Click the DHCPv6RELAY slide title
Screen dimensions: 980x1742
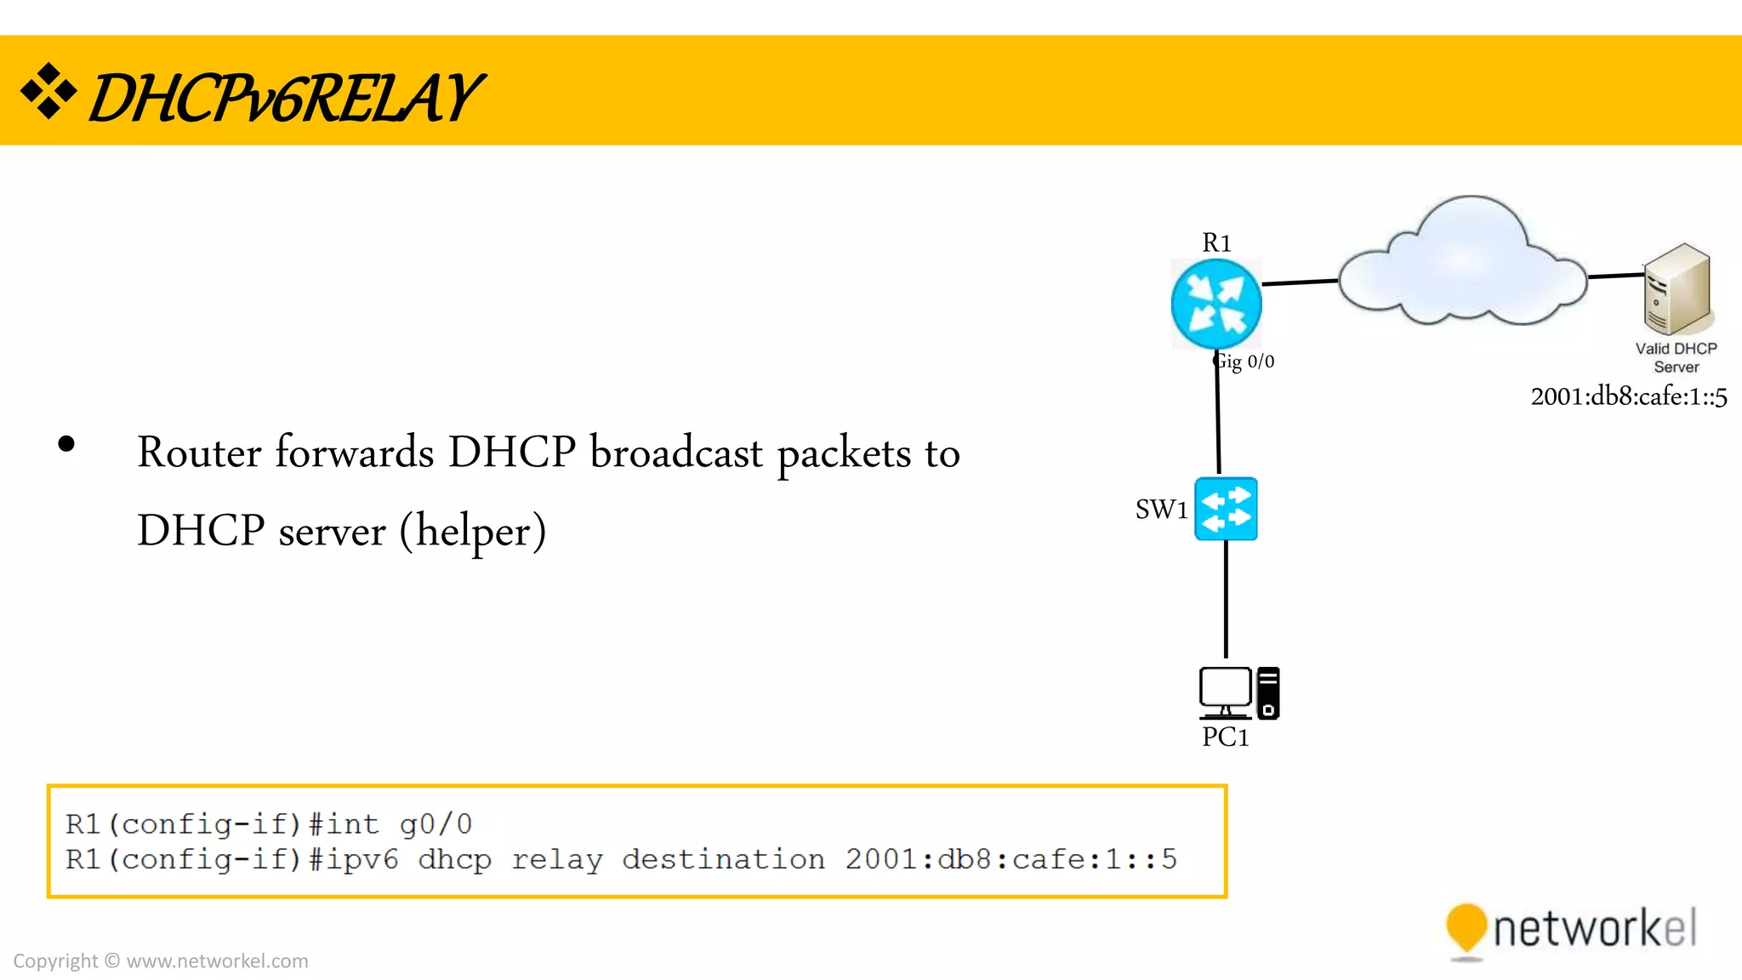pos(286,98)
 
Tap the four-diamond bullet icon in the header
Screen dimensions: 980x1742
pos(48,91)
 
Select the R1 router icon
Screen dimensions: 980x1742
pos(1215,305)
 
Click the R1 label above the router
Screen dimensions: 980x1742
pos(1216,243)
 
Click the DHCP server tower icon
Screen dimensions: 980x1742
pos(1676,289)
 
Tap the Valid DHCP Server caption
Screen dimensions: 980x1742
pos(1676,358)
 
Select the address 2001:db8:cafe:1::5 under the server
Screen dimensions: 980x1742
pos(1628,397)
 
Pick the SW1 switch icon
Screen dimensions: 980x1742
pos(1226,509)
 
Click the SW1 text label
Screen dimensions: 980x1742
pos(1161,510)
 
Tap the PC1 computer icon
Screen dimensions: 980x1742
pos(1238,692)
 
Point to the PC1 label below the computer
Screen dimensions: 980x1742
pos(1225,738)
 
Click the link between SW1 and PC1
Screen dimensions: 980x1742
pos(1226,599)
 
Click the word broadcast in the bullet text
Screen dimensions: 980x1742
pos(676,453)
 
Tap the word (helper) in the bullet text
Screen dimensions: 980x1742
pos(473,532)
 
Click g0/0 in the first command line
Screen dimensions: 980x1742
pos(435,824)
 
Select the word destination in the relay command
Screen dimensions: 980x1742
pos(723,860)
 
